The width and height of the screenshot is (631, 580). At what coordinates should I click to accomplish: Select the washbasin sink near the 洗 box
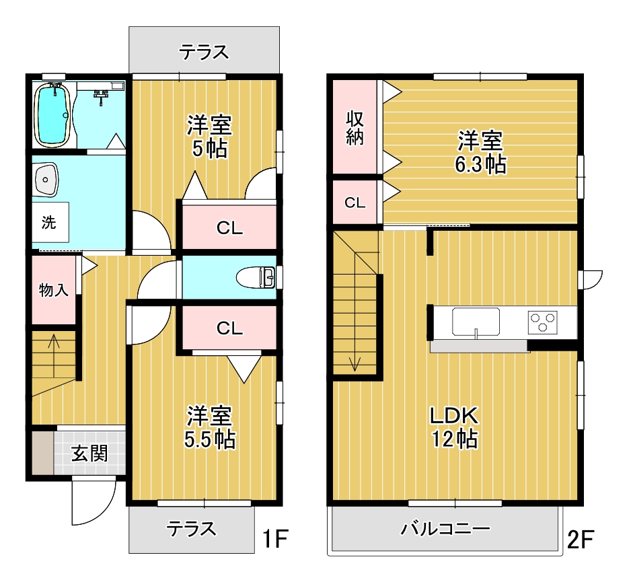click(x=46, y=180)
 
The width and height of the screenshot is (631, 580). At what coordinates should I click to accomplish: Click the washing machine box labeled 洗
click(x=49, y=223)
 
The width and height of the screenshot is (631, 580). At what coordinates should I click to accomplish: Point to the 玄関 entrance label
click(x=89, y=454)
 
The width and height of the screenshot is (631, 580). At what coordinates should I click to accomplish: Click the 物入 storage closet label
click(x=53, y=290)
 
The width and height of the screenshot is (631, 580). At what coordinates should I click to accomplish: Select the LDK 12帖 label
click(x=454, y=427)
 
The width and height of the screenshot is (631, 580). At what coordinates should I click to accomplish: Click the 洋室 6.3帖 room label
click(x=480, y=153)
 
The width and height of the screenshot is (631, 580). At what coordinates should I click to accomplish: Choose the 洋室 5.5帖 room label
click(x=210, y=427)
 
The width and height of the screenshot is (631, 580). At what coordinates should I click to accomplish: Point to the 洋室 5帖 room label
click(x=209, y=137)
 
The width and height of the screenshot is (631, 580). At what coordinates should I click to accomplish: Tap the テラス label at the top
click(x=204, y=52)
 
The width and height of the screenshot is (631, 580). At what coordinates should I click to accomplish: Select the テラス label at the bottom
click(x=192, y=529)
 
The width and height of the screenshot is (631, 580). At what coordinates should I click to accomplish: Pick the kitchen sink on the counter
click(x=476, y=321)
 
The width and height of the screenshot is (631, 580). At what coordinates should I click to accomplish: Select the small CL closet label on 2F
click(x=355, y=202)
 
